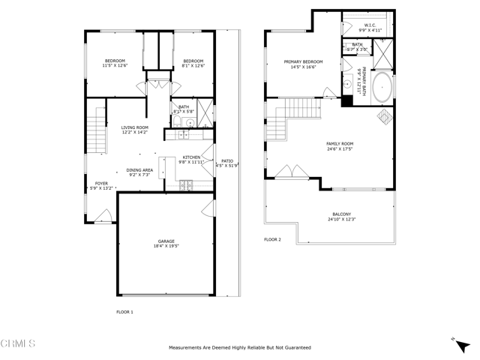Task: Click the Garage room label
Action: pos(166,243)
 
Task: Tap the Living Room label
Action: pos(135,130)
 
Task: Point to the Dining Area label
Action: pos(139,172)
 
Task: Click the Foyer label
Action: pos(100,186)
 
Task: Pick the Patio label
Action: pos(227,163)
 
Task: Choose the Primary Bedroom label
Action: pos(303,64)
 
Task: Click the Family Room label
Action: pos(339,145)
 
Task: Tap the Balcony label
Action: pos(340,217)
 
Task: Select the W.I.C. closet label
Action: pos(370,27)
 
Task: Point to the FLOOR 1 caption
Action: pos(124,311)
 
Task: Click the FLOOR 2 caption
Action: pos(272,239)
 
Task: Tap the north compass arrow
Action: pos(456,340)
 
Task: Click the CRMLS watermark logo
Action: pos(18,343)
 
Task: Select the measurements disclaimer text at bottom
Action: pos(240,348)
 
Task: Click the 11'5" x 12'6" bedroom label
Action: pos(115,63)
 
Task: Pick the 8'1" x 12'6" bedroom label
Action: pos(193,63)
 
